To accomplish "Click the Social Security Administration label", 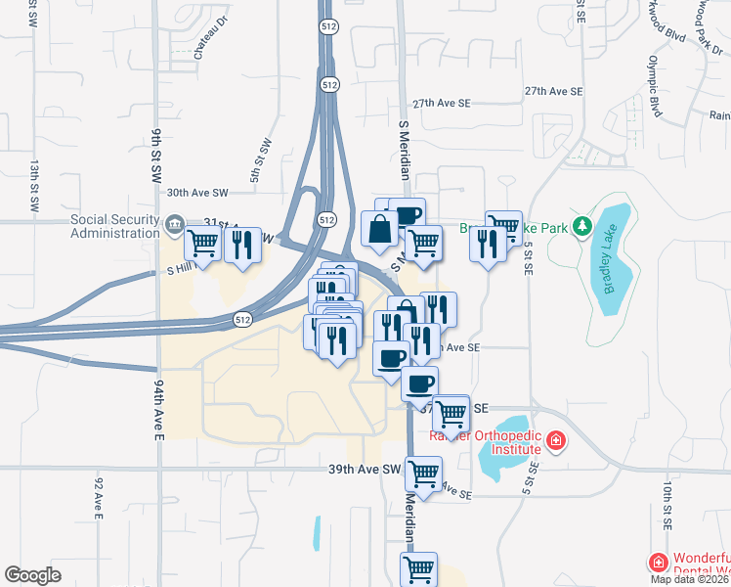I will click(x=114, y=226).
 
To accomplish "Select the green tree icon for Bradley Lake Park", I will click(x=582, y=227).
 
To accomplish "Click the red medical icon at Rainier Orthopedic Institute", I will click(x=555, y=442).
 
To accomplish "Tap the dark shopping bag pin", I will click(x=380, y=231).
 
